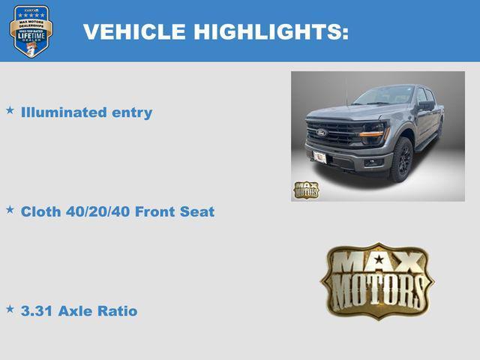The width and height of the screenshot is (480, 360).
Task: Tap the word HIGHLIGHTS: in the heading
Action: [271, 31]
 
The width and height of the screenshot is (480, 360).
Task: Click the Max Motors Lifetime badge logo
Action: [31, 31]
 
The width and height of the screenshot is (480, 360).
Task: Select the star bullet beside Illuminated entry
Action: [10, 110]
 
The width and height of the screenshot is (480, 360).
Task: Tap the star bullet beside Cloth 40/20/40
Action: [10, 209]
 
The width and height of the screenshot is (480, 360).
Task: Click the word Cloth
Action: [40, 211]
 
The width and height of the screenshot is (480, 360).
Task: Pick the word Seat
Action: [197, 211]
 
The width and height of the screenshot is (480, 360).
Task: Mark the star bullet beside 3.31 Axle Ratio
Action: [10, 308]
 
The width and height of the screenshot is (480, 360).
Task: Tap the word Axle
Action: [76, 310]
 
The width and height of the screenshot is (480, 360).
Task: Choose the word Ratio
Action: [118, 310]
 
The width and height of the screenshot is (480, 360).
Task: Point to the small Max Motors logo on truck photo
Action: [305, 189]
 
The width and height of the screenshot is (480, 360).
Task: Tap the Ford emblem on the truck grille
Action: [321, 133]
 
